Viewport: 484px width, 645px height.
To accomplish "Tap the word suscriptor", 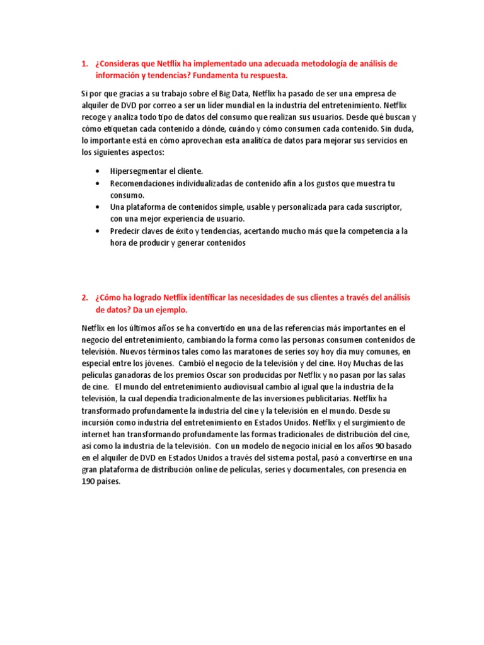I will click(377, 207).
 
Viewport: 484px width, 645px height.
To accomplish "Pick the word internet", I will click(98, 435).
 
